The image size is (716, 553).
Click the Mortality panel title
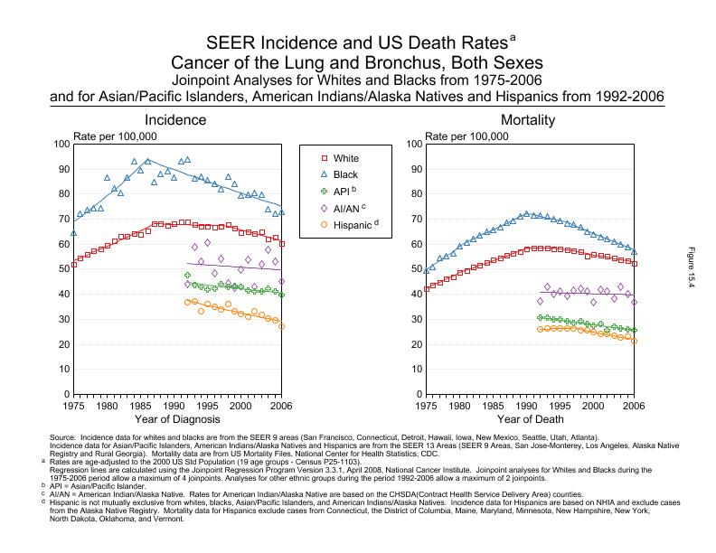pos(531,120)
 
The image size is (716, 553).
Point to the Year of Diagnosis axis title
pos(177,419)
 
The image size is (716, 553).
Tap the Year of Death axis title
pos(531,419)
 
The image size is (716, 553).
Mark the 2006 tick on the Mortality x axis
pos(634,406)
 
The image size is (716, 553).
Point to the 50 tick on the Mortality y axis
pos(414,269)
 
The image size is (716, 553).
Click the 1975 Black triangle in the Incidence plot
pos(74,233)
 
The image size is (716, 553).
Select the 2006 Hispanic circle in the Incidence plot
pos(281,326)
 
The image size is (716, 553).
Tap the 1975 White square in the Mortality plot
pos(427,289)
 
